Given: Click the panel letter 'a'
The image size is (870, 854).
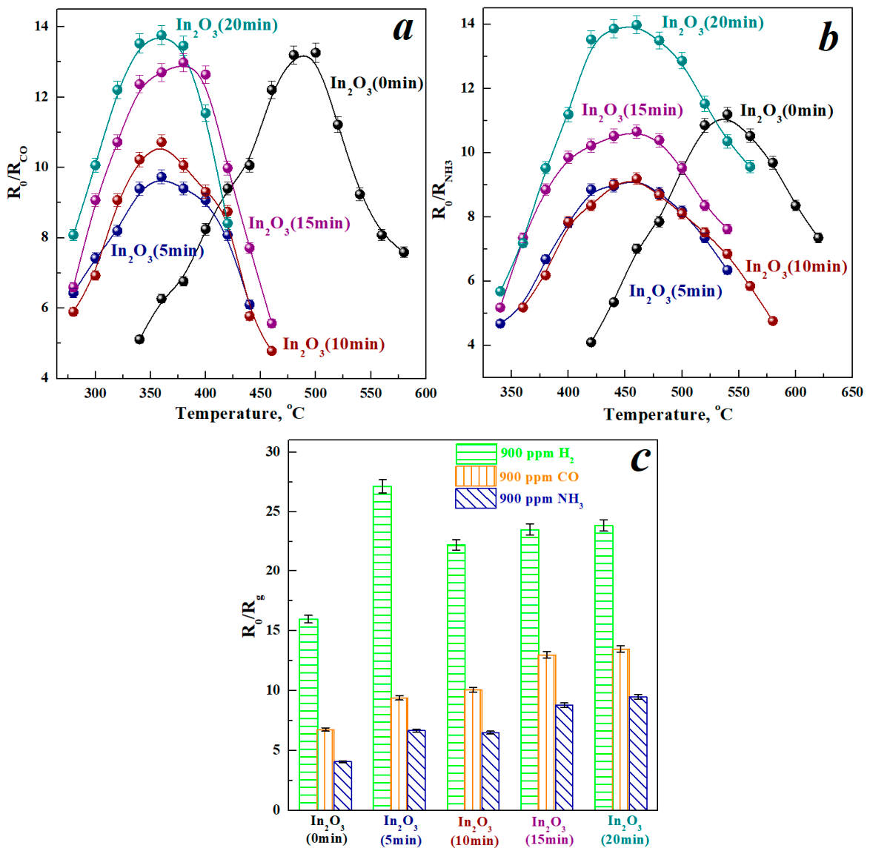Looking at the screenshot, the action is pyautogui.click(x=403, y=30).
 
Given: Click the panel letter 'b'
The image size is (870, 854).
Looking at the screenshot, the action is pyautogui.click(x=829, y=38).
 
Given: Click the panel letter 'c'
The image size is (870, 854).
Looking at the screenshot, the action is pyautogui.click(x=640, y=459).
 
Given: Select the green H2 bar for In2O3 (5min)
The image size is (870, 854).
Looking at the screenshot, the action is pyautogui.click(x=382, y=648).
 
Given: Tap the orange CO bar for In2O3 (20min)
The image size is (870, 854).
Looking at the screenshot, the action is pyautogui.click(x=621, y=729).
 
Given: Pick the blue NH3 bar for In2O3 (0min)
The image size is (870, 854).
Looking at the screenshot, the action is pyautogui.click(x=343, y=786).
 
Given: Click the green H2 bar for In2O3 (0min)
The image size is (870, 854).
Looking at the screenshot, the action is pyautogui.click(x=308, y=714).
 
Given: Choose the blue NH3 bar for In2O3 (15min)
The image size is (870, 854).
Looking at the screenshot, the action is pyautogui.click(x=564, y=758).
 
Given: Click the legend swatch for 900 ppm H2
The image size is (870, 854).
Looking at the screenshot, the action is pyautogui.click(x=476, y=454).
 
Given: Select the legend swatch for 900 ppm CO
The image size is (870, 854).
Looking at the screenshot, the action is pyautogui.click(x=476, y=476).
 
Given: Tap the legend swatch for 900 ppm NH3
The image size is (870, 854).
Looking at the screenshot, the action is pyautogui.click(x=476, y=498).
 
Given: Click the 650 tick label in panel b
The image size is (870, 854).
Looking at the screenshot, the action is pyautogui.click(x=851, y=392).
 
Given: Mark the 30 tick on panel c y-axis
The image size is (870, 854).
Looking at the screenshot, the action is pyautogui.click(x=273, y=451).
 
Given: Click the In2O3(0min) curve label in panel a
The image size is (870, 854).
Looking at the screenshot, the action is pyautogui.click(x=376, y=85).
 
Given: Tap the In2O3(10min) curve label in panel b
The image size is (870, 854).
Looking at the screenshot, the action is pyautogui.click(x=796, y=268).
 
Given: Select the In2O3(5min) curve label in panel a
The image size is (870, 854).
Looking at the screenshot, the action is pyautogui.click(x=158, y=252).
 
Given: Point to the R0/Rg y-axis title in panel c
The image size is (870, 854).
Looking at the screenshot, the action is pyautogui.click(x=253, y=615).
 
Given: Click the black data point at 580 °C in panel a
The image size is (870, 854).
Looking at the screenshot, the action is pyautogui.click(x=404, y=253).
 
